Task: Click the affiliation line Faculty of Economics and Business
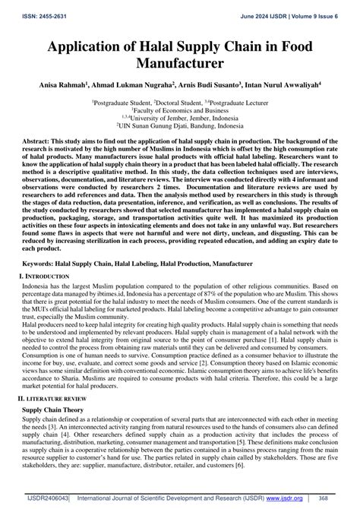coord(180,109)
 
